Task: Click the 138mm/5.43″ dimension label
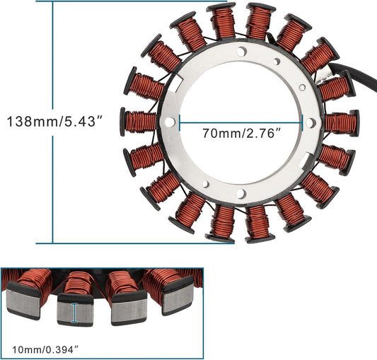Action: click(55, 121)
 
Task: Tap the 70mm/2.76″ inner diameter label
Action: click(242, 133)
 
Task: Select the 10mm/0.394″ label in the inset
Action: click(46, 349)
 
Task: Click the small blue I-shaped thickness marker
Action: click(75, 313)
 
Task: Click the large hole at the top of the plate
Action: click(242, 51)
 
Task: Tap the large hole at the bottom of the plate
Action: click(241, 193)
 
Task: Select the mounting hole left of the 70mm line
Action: click(170, 122)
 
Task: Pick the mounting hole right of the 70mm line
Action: click(311, 122)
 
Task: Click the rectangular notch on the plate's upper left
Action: click(178, 82)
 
